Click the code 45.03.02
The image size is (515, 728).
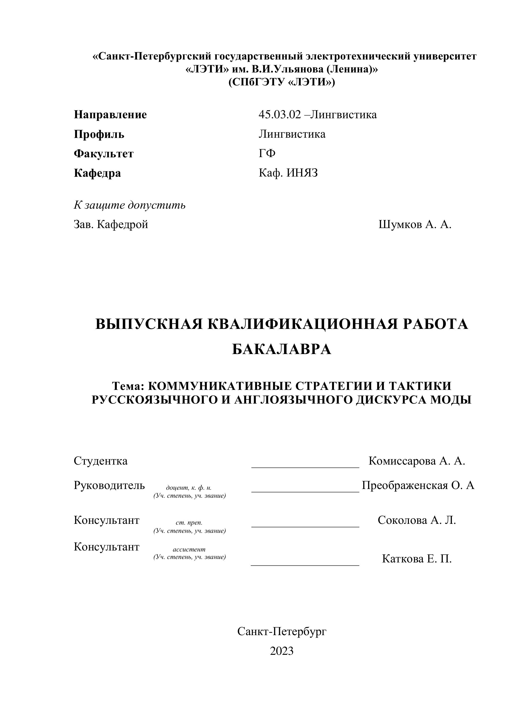coord(279,115)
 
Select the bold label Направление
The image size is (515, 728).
coord(110,115)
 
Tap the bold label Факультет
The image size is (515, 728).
coord(103,154)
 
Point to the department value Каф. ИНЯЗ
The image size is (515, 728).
coord(288,173)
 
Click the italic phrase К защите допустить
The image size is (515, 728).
coord(129,205)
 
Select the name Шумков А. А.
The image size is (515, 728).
coord(415,225)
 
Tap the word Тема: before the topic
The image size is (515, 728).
coord(128,386)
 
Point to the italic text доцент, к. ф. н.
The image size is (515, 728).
coord(189,488)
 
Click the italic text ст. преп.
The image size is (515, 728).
coord(189,523)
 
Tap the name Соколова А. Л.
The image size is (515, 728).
coord(417,520)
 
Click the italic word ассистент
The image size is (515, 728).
coord(189,549)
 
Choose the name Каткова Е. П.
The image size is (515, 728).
coord(417,559)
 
